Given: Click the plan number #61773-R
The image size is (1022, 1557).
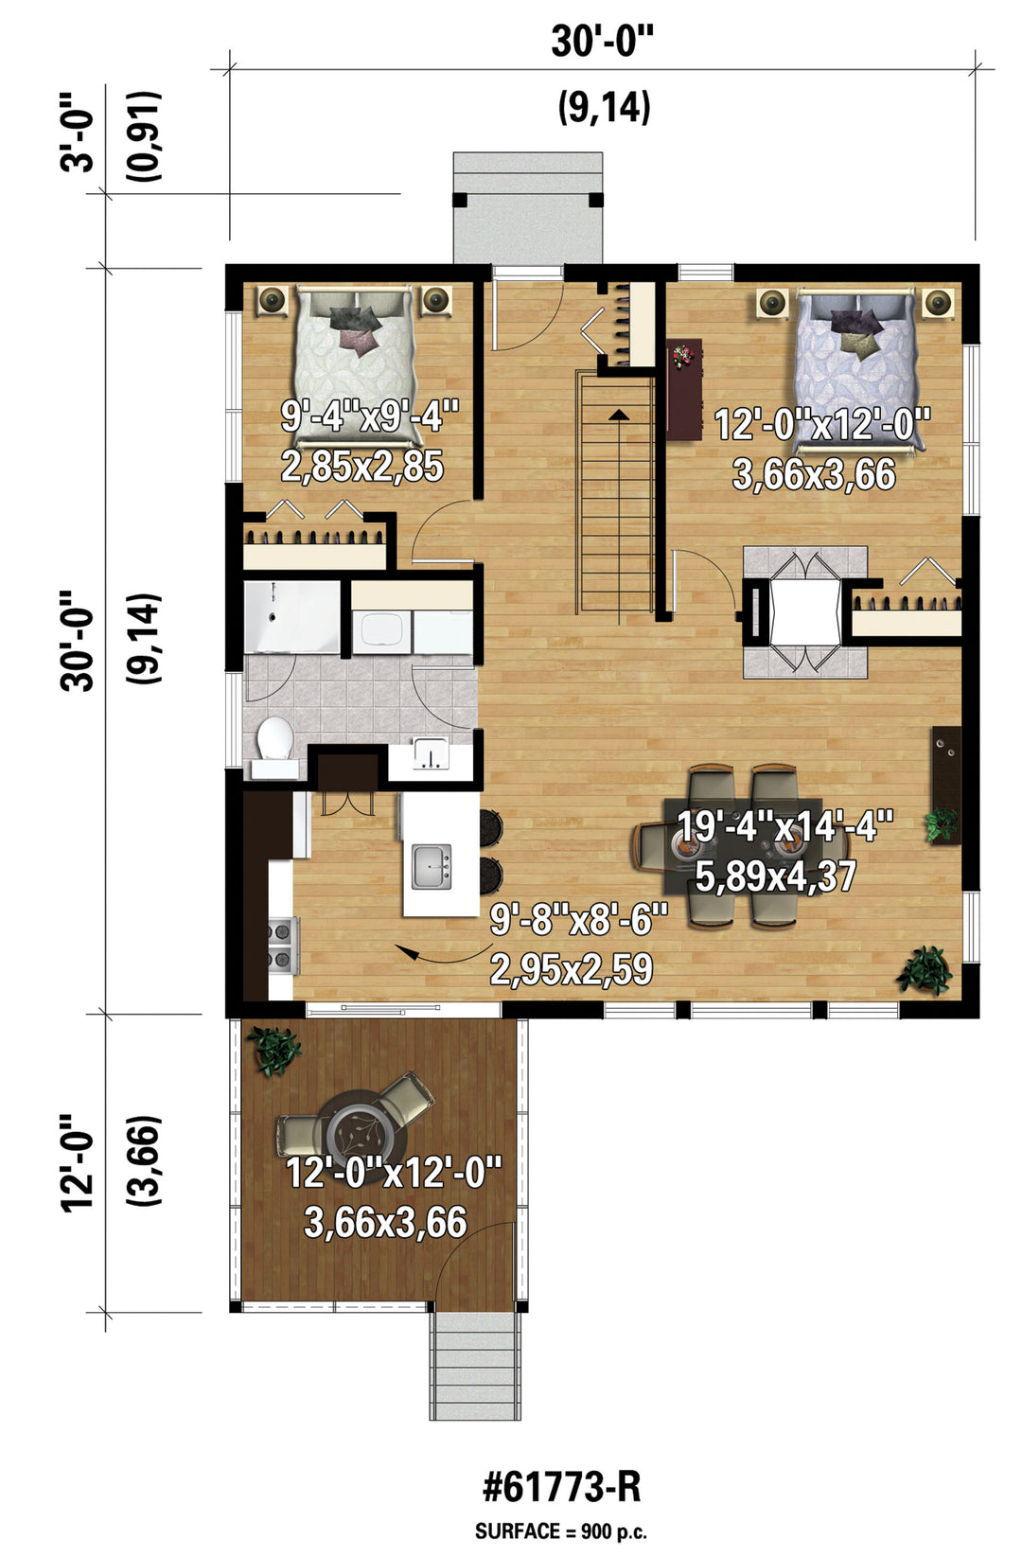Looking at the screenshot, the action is (x=561, y=1489).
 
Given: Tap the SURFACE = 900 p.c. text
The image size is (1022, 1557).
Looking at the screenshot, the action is (x=560, y=1532).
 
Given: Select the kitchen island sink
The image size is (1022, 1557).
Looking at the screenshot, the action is (x=432, y=867).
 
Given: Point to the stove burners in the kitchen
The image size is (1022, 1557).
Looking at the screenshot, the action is (x=284, y=945).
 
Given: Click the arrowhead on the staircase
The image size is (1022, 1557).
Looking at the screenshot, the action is (x=618, y=415).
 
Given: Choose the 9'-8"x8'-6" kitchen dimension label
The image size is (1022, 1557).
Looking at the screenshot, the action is (x=579, y=920).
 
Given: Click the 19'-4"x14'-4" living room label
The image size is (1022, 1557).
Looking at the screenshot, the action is (x=784, y=826).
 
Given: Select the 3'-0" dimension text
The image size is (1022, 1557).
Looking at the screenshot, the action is (x=78, y=133).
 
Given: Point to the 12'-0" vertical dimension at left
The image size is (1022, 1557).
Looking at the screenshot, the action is (x=78, y=1164).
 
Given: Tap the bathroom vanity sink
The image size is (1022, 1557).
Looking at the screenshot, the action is (x=431, y=755).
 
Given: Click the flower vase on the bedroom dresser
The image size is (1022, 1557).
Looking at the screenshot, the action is (x=683, y=355).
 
